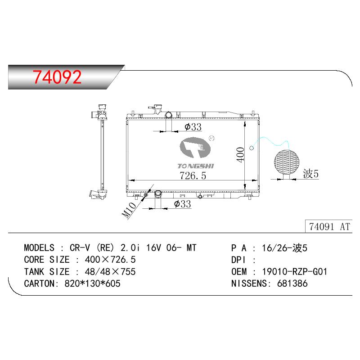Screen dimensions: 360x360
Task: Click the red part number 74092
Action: coord(57,77)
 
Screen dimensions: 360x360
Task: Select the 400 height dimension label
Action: coord(240,155)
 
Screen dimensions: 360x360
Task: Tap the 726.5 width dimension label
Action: coord(193,175)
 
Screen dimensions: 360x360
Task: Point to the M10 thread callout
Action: coord(129,210)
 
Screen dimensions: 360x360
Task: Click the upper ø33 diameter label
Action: coord(193,127)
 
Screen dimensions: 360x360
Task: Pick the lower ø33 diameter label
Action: coord(183,204)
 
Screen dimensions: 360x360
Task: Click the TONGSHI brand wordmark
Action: coord(196,166)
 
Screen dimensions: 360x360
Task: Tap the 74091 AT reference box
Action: coord(329,227)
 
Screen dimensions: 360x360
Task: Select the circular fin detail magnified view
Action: coord(287,162)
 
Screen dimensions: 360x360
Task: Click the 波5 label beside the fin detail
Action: coord(310,174)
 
